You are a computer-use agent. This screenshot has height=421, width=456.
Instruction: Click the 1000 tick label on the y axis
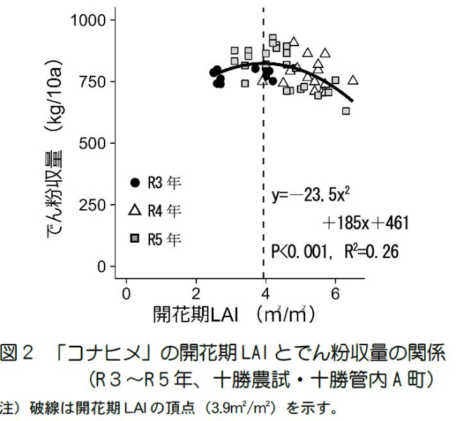click(x=88, y=20)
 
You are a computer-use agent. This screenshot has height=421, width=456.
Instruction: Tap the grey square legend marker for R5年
click(x=135, y=239)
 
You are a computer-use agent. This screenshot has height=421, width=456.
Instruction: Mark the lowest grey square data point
click(x=346, y=111)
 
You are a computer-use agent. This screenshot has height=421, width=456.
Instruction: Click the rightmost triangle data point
click(x=353, y=80)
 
